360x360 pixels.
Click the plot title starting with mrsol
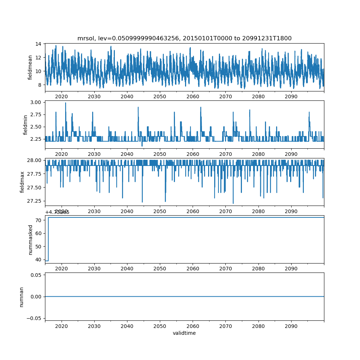click(184, 38)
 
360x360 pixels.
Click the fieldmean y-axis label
click(30, 67)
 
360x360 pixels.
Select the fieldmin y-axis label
click(25, 125)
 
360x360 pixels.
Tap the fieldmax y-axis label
click(23, 182)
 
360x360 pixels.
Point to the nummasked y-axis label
click(30, 239)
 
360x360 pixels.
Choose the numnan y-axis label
click(21, 297)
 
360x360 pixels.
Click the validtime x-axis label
click(184, 333)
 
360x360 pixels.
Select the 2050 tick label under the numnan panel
click(160, 326)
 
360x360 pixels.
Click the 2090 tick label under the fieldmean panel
click(291, 96)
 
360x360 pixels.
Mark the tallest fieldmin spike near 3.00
click(66, 103)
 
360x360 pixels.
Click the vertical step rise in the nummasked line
click(48, 239)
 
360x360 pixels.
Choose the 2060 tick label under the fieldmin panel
click(193, 154)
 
